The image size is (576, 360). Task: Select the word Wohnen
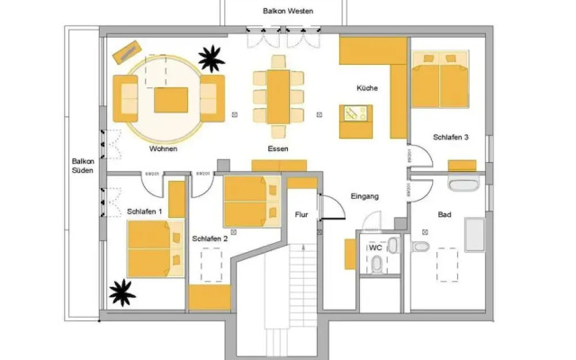[163, 149]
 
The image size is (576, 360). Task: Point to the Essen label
[277, 149]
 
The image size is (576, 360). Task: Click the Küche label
[366, 88]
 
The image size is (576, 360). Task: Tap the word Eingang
[364, 196]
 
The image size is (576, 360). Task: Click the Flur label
[301, 215]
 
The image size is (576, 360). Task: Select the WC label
[376, 247]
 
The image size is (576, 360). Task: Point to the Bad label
[445, 215]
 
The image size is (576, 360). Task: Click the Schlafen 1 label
[145, 211]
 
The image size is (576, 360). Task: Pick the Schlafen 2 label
[210, 238]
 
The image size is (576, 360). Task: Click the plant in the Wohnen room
[211, 59]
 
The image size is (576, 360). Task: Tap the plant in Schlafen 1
[121, 291]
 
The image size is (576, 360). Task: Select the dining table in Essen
[277, 90]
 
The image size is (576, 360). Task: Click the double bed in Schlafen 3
[440, 80]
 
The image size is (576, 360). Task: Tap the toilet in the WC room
[376, 263]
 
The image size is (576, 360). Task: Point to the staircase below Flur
[287, 297]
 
